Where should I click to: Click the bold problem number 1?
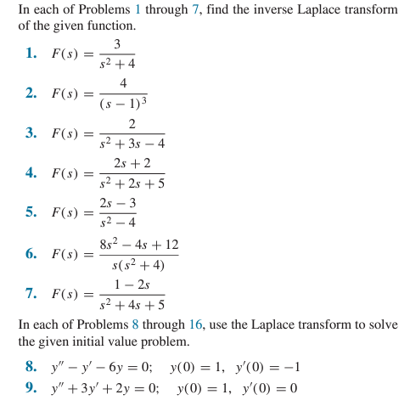30,54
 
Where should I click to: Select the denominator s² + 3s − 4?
132,144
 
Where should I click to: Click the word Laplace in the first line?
308,9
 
